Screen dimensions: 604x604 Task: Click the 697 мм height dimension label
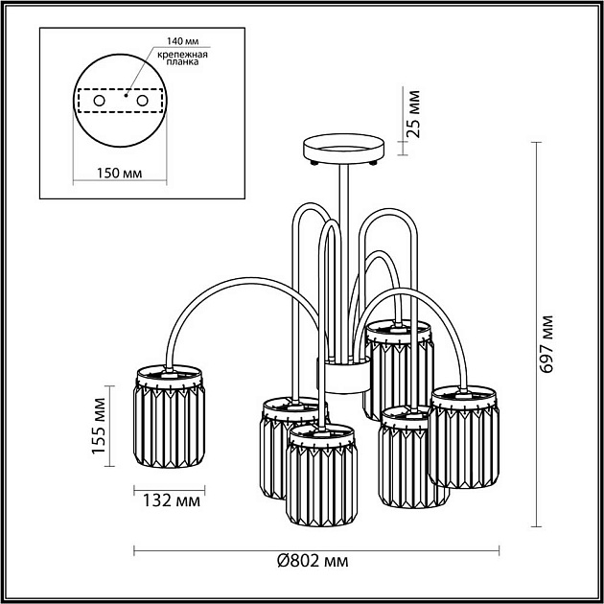click(547, 344)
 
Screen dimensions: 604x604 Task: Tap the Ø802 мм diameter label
click(313, 561)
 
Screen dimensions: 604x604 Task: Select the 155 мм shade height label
click(99, 426)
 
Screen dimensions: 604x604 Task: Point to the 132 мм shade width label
click(172, 501)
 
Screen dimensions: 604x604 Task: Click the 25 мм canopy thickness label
click(414, 114)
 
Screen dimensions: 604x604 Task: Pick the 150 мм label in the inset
click(119, 174)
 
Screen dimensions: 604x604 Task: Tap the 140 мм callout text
click(183, 41)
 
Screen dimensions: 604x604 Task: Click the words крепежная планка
click(182, 58)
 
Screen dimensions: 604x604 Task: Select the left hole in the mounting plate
click(99, 101)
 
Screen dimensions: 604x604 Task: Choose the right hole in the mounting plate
click(142, 101)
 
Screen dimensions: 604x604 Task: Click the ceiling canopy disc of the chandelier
click(343, 149)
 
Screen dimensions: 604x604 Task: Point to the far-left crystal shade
click(169, 416)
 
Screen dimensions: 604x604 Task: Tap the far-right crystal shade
click(464, 437)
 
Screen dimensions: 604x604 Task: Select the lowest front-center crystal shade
click(321, 476)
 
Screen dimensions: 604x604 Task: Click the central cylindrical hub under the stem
click(343, 377)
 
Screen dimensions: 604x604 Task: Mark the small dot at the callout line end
click(126, 95)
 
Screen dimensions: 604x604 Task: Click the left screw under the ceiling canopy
click(314, 163)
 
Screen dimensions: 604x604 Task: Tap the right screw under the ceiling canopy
click(373, 163)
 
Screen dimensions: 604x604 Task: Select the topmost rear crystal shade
click(398, 370)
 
